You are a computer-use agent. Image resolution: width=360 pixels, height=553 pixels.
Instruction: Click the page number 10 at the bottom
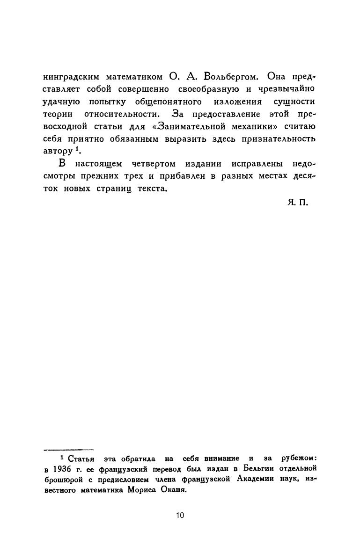coord(180,516)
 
